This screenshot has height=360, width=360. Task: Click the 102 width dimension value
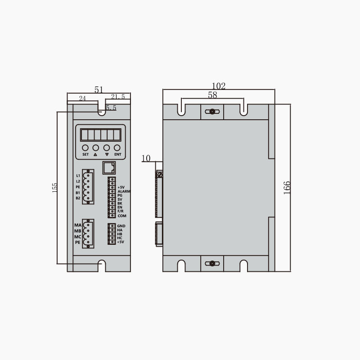click(x=219, y=86)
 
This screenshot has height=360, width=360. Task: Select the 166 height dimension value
click(x=287, y=188)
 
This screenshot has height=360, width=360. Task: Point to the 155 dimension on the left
click(x=54, y=188)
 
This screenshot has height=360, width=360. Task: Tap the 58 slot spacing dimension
click(x=212, y=95)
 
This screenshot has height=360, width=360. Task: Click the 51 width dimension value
click(x=99, y=90)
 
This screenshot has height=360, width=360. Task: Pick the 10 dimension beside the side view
click(x=146, y=158)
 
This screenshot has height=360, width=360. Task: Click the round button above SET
click(x=85, y=148)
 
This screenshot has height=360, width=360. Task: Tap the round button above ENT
click(x=117, y=148)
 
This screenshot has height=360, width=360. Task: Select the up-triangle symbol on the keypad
click(x=95, y=154)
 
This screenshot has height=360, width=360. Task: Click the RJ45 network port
click(x=109, y=167)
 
